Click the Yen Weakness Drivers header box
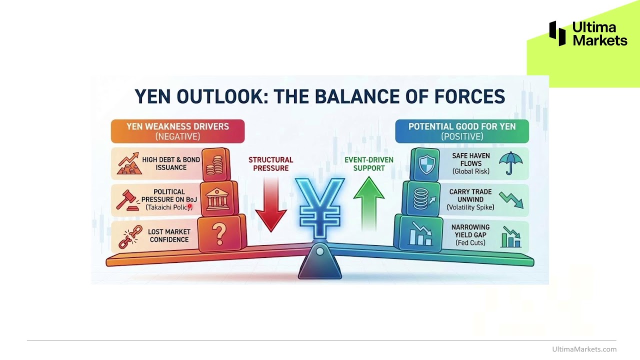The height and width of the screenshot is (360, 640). [x=177, y=131]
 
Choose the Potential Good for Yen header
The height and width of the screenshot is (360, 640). [x=461, y=131]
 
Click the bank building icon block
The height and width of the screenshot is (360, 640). [x=216, y=198]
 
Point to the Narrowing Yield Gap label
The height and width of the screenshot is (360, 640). [x=470, y=231]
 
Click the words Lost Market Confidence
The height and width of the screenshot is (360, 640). [x=168, y=235]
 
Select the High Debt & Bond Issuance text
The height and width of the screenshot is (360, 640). [x=170, y=163]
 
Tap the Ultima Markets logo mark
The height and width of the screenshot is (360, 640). [x=557, y=33]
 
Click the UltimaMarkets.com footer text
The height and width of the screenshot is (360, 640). [x=584, y=349]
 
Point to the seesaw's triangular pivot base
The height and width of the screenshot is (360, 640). [x=319, y=263]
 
